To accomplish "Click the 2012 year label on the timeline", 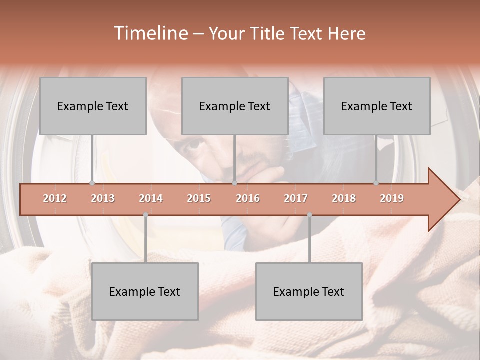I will [x=55, y=198].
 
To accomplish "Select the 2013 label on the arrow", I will [x=103, y=198].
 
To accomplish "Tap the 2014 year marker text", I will [x=151, y=198].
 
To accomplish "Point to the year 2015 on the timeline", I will [x=199, y=198].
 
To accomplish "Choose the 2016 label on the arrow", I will [x=248, y=198].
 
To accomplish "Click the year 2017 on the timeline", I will [x=296, y=198].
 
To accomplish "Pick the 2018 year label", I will [x=344, y=198].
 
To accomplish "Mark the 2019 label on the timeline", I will [x=392, y=198].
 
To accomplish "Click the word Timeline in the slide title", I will [x=150, y=33].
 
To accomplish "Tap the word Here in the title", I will [x=346, y=34].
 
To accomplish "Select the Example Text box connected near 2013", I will [x=93, y=106].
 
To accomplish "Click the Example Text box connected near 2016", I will [x=235, y=106].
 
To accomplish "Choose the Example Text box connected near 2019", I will [x=377, y=106].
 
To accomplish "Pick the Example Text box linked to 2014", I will [x=145, y=291].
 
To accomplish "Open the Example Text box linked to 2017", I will [x=309, y=291].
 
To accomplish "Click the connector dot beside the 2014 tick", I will [x=145, y=215].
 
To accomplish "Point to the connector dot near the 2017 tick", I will [x=309, y=215].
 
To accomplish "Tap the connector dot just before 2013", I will [x=92, y=183].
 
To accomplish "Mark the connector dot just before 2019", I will [x=376, y=183].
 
